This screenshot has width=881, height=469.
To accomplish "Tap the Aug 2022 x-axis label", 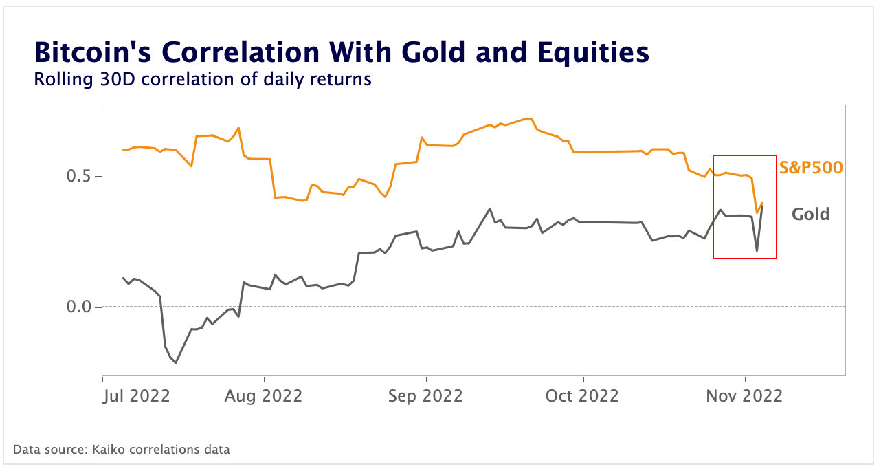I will [265, 396].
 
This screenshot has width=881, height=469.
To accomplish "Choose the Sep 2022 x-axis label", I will [427, 396].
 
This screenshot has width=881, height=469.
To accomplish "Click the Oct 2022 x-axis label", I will [583, 396].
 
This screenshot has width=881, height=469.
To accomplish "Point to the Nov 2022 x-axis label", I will [746, 396].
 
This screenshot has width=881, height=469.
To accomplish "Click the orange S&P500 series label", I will [810, 167].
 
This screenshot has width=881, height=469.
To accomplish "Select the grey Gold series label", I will [810, 214].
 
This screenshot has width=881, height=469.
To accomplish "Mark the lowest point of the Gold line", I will [176, 362].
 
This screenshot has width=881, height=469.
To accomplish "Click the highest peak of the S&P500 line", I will [526, 118].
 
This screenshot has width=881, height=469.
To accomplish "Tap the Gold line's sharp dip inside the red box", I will [757, 251].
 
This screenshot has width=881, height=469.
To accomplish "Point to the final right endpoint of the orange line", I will [762, 203].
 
